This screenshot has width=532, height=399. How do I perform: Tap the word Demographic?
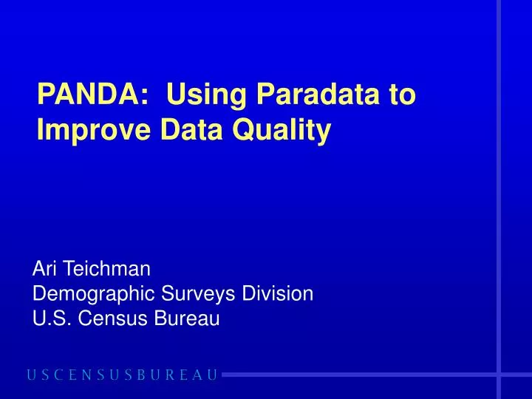click(x=91, y=294)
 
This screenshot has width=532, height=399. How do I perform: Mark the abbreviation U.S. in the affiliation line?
click(x=50, y=318)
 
